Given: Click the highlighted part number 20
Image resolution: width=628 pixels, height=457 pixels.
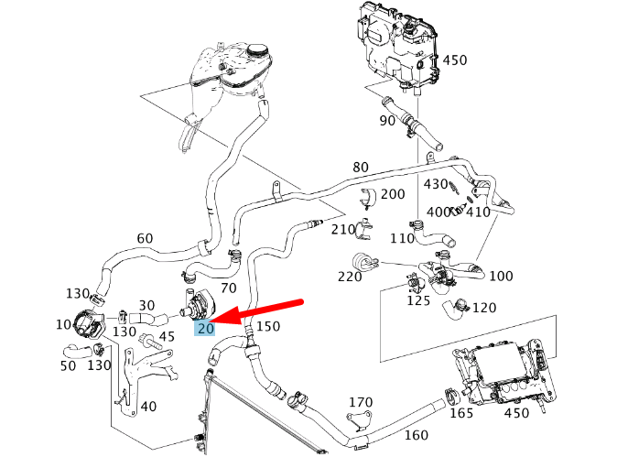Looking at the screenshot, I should tap(205, 328).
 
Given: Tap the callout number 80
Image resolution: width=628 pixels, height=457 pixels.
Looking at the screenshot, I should tap(360, 168).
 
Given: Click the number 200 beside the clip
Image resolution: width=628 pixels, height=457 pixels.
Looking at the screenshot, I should tap(392, 194).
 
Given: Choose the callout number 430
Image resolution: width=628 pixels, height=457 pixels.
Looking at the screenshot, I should tap(435, 184).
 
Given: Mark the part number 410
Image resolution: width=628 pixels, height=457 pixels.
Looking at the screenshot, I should tap(478, 212).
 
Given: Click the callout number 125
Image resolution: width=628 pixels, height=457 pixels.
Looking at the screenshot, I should tap(418, 299).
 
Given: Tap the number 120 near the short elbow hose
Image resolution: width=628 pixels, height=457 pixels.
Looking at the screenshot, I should tap(483, 308).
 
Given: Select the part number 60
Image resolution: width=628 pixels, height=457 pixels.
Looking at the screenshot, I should tap(145, 239).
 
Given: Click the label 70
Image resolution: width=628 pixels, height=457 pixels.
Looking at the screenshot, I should tap(229, 288).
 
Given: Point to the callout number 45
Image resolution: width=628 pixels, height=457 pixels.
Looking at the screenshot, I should tap(166, 336).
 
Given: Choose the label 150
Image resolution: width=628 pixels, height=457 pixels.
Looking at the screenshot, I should tap(268, 326).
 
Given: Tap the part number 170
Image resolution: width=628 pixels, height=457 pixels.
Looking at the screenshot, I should tap(361, 401).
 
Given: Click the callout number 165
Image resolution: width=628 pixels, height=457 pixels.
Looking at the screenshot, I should tap(461, 413).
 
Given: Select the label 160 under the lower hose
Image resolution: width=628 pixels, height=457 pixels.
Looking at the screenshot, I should tap(416, 435).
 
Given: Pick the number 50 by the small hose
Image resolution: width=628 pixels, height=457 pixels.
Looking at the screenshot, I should tap(69, 366).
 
